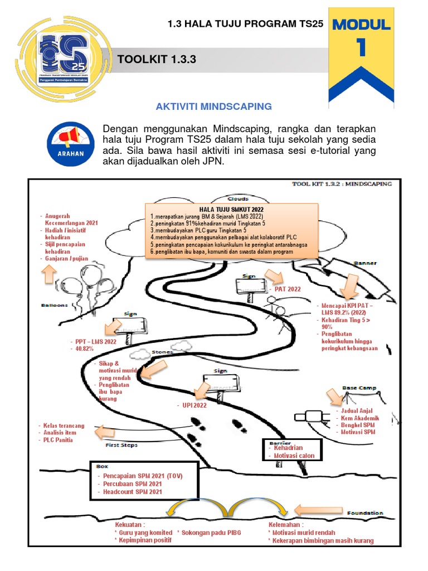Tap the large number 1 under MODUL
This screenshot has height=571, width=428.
[362, 49]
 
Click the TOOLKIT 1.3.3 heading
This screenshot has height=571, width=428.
[157, 60]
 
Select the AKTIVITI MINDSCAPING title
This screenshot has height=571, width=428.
[213, 106]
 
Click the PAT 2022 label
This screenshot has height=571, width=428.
[288, 289]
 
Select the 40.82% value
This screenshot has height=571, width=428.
[84, 349]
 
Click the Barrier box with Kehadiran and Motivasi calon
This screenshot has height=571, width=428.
[293, 451]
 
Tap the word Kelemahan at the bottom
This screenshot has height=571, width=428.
[285, 525]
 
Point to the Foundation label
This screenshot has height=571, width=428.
[364, 512]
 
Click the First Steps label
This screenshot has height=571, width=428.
[121, 445]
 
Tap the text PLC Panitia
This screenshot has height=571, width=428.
[60, 440]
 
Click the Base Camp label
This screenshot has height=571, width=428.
[358, 387]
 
